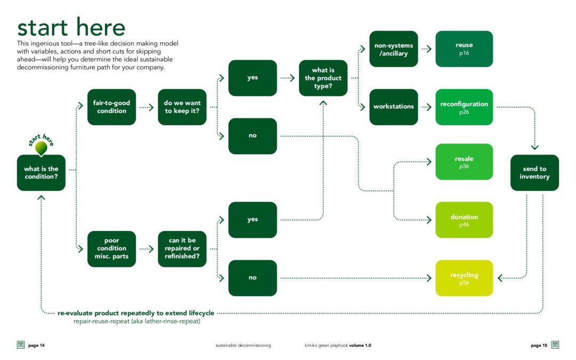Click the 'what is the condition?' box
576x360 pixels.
[41, 173]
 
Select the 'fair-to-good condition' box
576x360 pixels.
[111, 107]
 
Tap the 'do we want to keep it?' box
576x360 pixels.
[182, 107]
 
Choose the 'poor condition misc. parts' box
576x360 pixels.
[111, 249]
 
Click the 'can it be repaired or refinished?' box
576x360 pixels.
[182, 249]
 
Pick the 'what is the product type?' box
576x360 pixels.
[323, 78]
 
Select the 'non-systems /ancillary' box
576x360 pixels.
[394, 49]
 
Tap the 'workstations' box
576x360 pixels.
[394, 107]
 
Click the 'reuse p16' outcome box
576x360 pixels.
[464, 49]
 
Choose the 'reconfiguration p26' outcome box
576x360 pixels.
[464, 107]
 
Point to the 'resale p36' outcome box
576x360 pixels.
[464, 162]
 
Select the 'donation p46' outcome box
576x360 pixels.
[464, 220]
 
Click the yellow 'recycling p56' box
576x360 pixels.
[464, 278]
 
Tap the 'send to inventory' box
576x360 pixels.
[534, 173]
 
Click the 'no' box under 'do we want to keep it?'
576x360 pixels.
[252, 136]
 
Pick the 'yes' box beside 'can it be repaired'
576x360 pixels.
[252, 220]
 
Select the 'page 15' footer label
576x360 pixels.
[539, 346]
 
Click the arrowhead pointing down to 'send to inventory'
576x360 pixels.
[534, 147]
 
